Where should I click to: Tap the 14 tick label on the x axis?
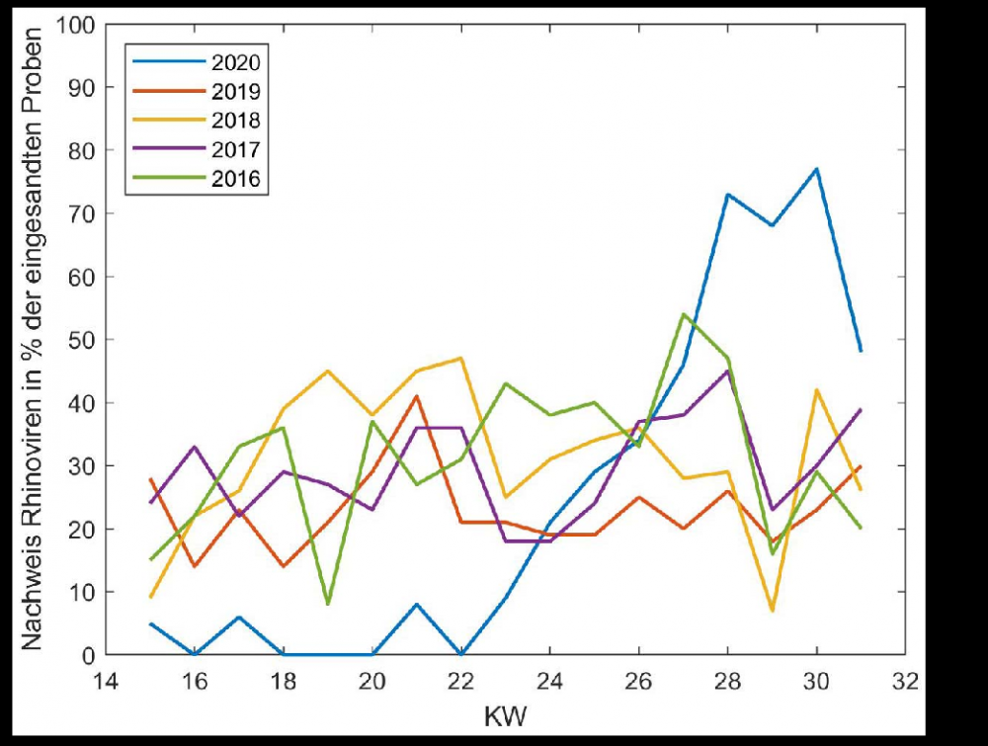pyautogui.click(x=106, y=682)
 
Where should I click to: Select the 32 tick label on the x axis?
pyautogui.click(x=905, y=682)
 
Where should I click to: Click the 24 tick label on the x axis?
pyautogui.click(x=549, y=682)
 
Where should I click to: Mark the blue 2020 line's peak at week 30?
pyautogui.click(x=816, y=169)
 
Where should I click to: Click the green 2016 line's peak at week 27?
pyautogui.click(x=683, y=314)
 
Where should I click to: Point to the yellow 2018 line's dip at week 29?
pyautogui.click(x=772, y=611)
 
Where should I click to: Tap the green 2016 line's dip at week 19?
pyautogui.click(x=327, y=604)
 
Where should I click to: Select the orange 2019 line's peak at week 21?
pyautogui.click(x=416, y=396)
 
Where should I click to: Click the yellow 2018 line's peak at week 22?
pyautogui.click(x=460, y=358)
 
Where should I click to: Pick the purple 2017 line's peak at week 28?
pyautogui.click(x=727, y=371)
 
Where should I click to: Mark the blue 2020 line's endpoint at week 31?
pyautogui.click(x=861, y=351)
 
